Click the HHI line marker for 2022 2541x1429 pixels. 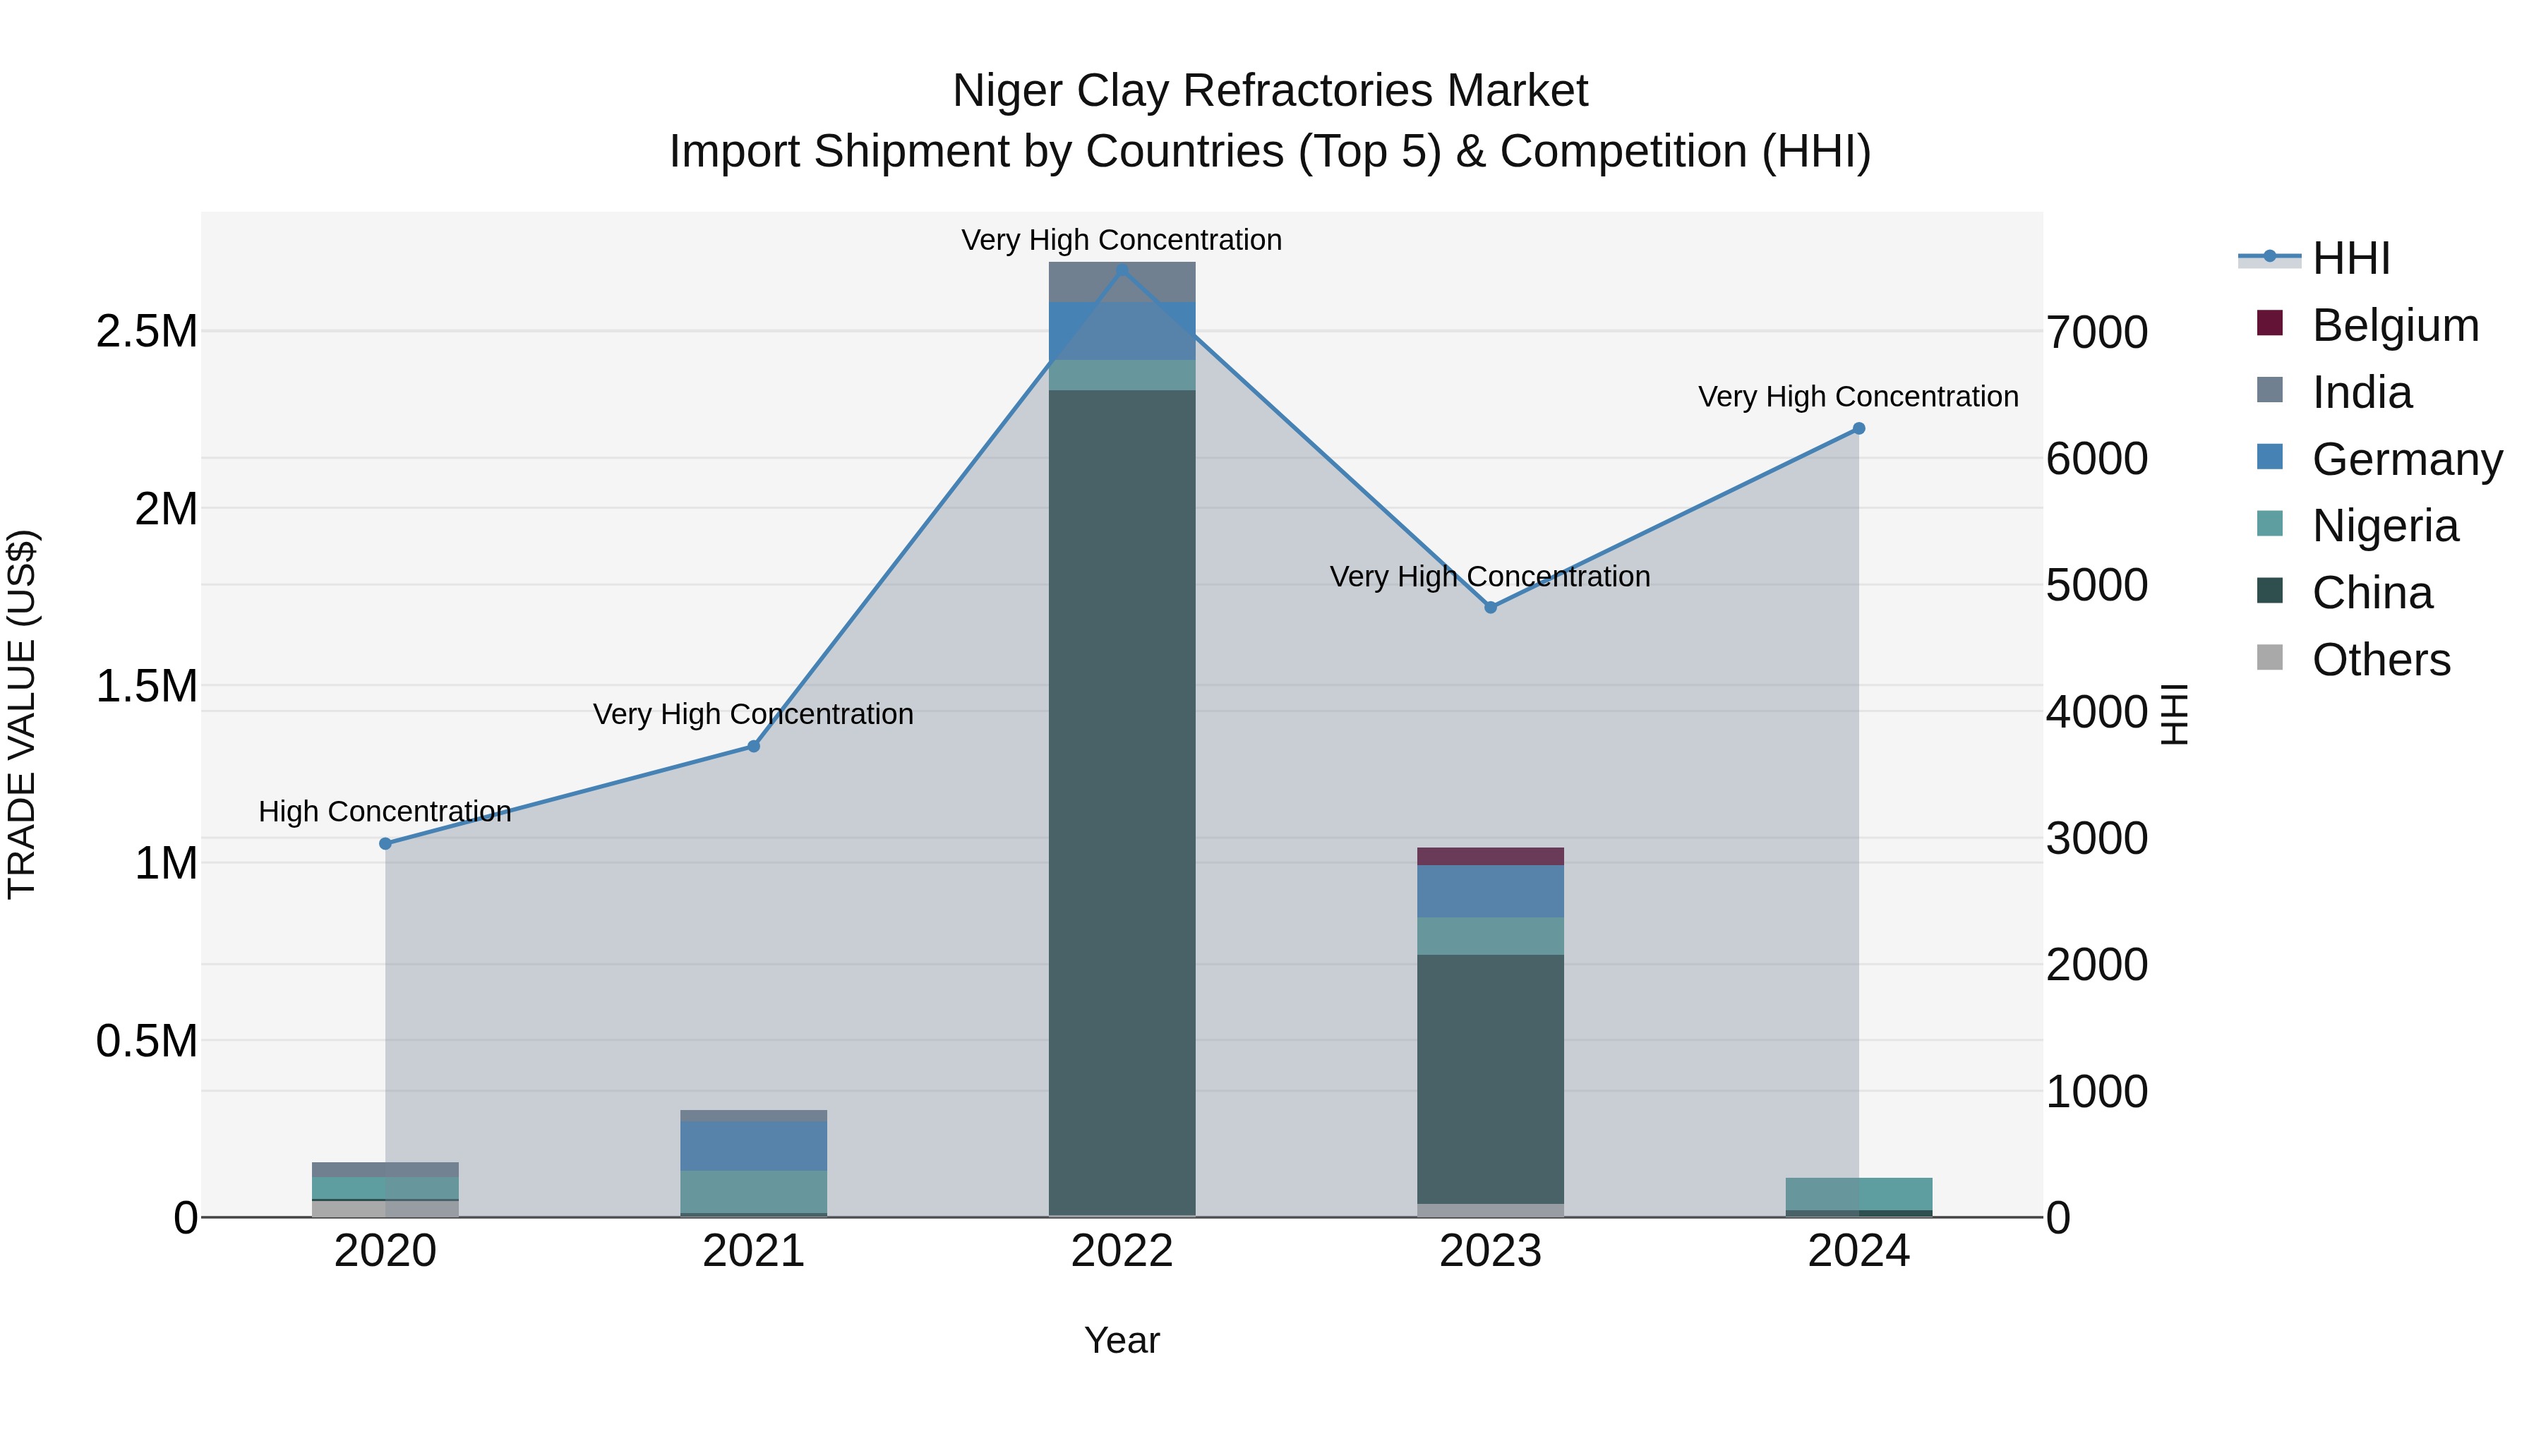coord(1122,270)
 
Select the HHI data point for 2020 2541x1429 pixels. coord(385,843)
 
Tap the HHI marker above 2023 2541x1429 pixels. coord(1491,608)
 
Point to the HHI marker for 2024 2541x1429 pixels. coord(1858,428)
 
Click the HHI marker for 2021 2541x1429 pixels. coord(754,747)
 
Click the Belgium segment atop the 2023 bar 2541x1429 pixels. coord(1491,856)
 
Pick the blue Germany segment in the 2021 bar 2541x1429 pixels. coord(754,1146)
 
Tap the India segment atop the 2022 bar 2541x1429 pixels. coord(1122,282)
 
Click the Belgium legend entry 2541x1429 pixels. coord(2394,325)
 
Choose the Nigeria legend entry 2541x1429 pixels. coord(2384,526)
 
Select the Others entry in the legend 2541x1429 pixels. coord(2380,660)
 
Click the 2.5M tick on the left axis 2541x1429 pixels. coord(147,332)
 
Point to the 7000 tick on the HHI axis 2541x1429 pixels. coord(2096,332)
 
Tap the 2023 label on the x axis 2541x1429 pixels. coord(1491,1251)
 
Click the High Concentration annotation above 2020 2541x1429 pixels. coord(385,812)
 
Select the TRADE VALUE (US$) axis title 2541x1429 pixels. coord(22,714)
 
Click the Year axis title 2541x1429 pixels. coord(1122,1340)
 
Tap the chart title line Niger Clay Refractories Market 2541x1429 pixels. coord(1270,91)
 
